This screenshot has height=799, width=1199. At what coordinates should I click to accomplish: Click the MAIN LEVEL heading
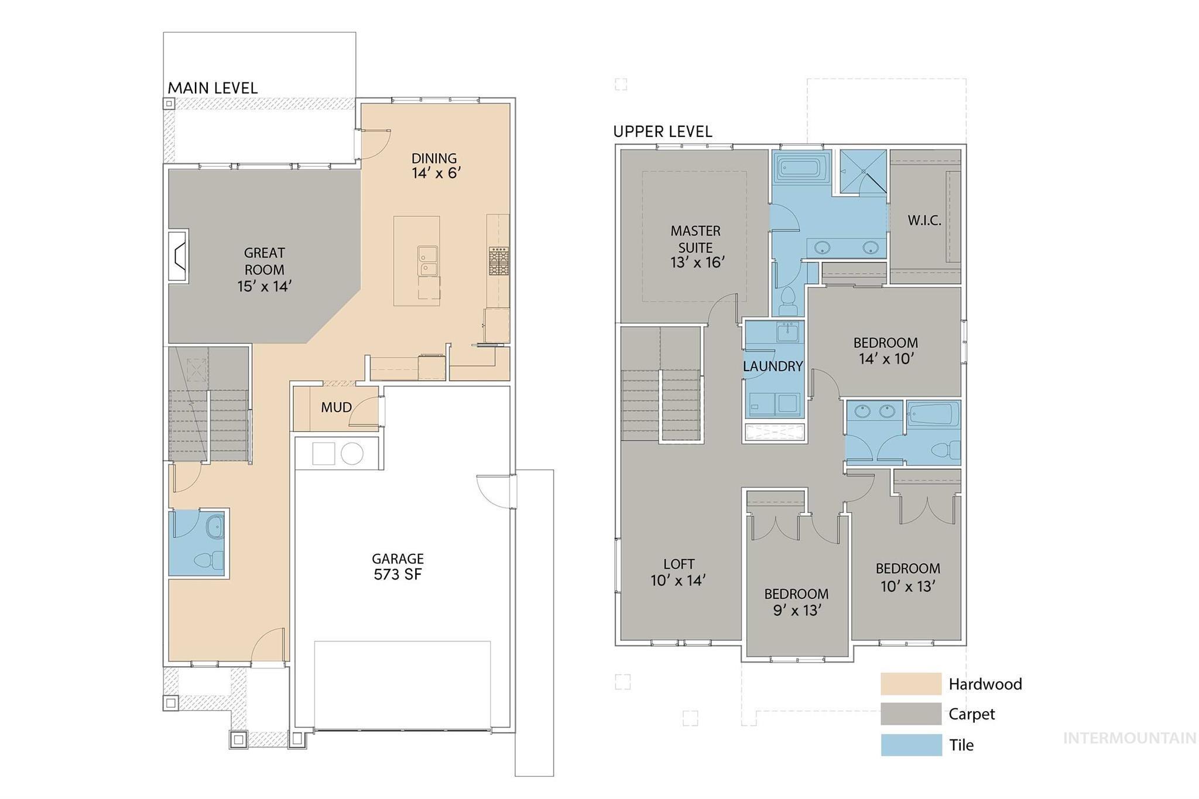(x=213, y=88)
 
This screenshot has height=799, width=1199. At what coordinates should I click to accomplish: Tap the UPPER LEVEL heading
(x=662, y=132)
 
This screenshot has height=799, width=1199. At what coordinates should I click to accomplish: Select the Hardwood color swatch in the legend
(x=910, y=684)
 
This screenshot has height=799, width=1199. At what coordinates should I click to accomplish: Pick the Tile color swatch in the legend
(x=910, y=745)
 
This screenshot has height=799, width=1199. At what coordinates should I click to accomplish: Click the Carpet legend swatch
(x=910, y=714)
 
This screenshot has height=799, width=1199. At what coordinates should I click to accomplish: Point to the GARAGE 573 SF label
(x=398, y=567)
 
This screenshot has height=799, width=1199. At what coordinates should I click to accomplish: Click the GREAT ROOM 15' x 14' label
(x=264, y=269)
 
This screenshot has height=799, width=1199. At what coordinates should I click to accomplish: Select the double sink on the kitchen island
(x=427, y=260)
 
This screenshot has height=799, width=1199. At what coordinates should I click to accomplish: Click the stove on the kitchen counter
(x=499, y=260)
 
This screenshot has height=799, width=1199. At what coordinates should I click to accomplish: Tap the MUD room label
(x=336, y=407)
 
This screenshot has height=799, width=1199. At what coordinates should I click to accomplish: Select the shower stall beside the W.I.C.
(x=863, y=171)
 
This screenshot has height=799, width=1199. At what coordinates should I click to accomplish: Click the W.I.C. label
(x=924, y=221)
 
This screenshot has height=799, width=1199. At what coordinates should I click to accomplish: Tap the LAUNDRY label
(x=772, y=366)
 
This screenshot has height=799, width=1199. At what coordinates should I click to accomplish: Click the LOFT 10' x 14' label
(x=679, y=572)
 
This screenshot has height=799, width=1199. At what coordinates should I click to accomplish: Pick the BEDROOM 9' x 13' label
(x=796, y=602)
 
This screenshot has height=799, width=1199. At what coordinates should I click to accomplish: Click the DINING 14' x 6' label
(x=434, y=166)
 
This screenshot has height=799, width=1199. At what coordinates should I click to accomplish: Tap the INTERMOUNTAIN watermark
(x=1129, y=738)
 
